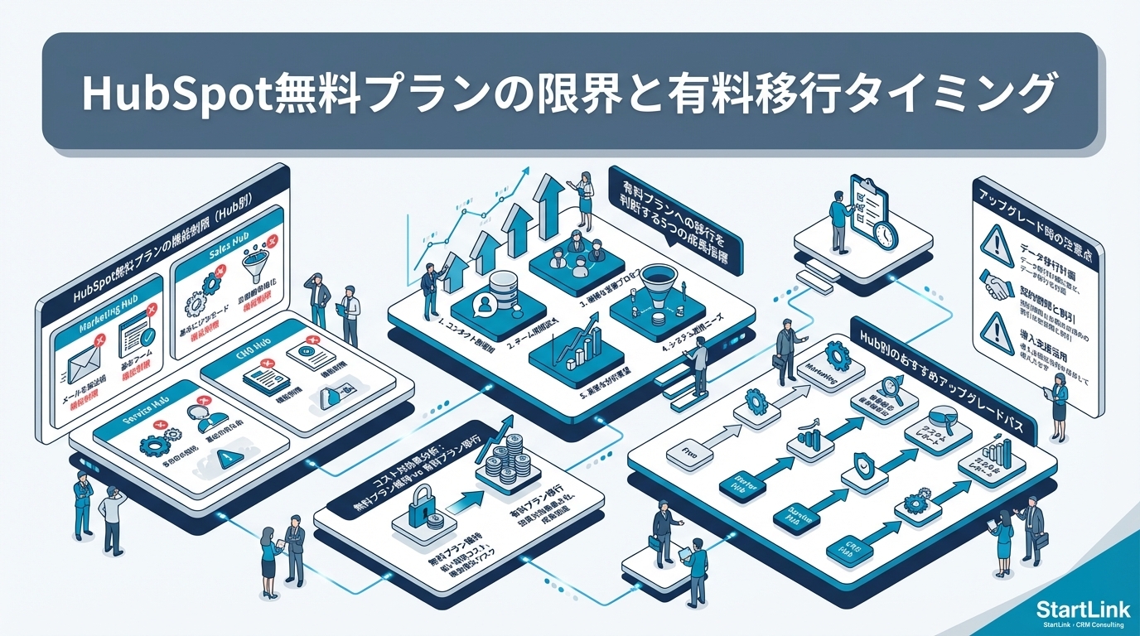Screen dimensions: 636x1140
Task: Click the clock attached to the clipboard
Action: coord(884,234)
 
